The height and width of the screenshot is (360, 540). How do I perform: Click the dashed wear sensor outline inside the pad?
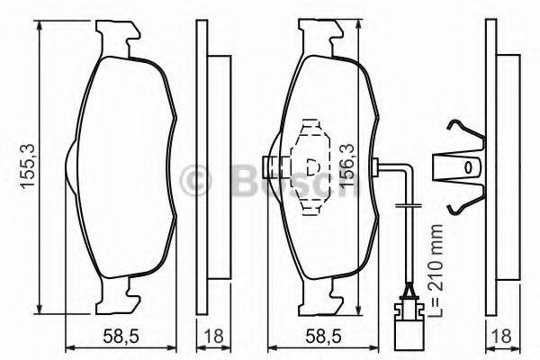(x=312, y=167)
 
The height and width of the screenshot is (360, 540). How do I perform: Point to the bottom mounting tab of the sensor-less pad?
(x=118, y=290)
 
